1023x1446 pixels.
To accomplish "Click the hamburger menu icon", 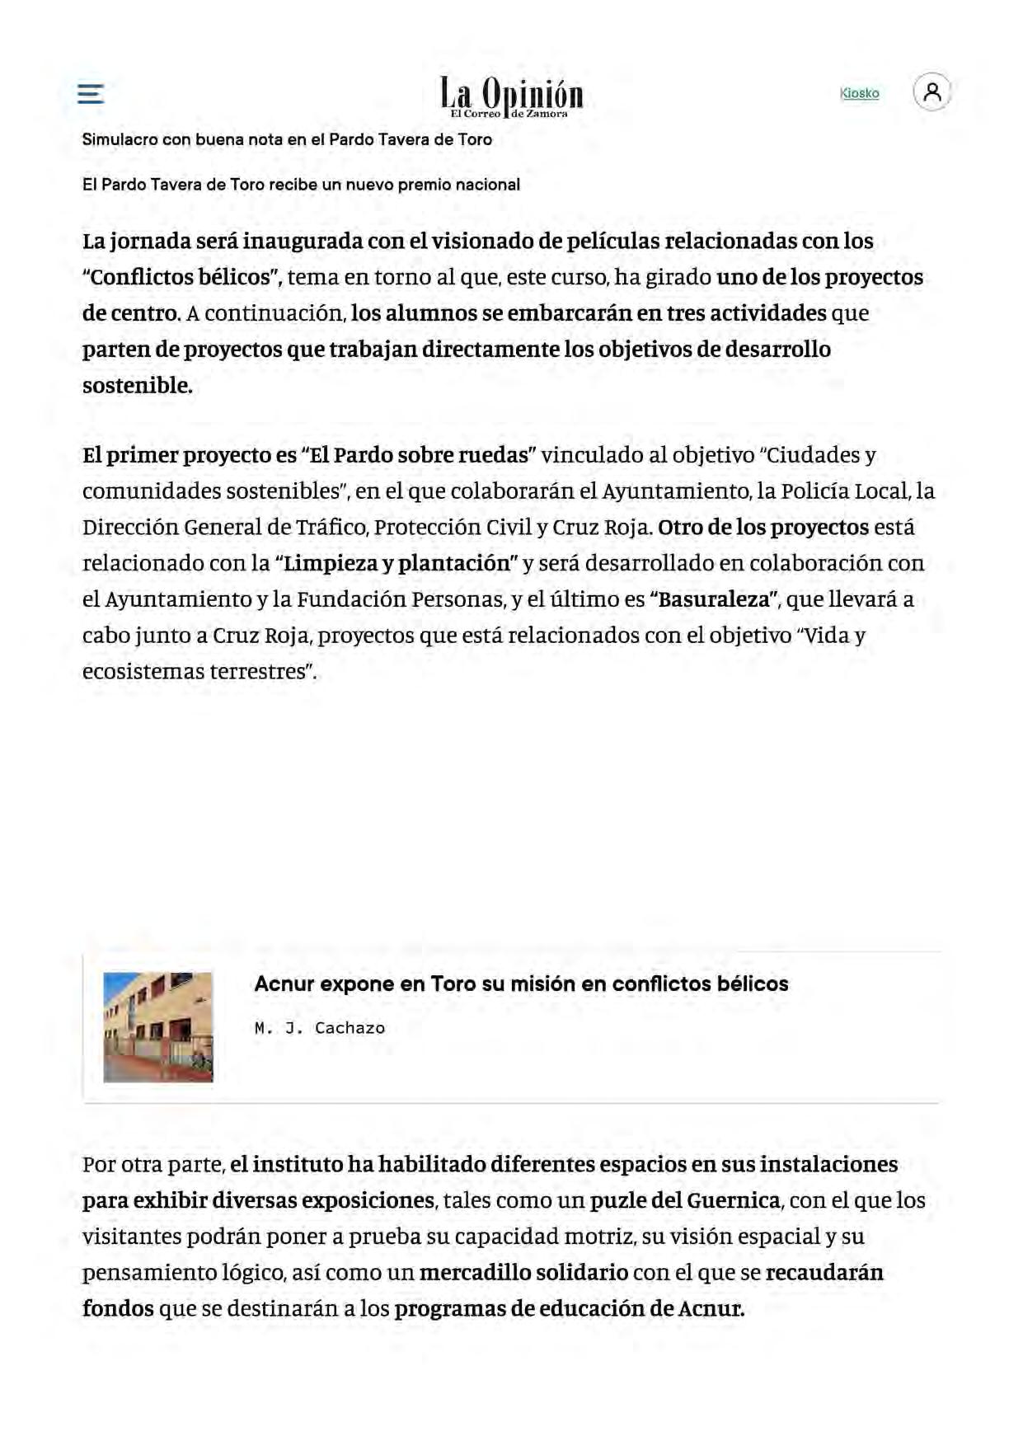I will pyautogui.click(x=91, y=93).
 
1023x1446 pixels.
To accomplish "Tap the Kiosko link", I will pyautogui.click(x=859, y=93).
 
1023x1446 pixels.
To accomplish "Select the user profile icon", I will pyautogui.click(x=931, y=92).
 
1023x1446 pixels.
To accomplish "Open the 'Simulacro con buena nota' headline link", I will pyautogui.click(x=287, y=139).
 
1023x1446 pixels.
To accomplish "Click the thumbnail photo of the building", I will pyautogui.click(x=158, y=1026).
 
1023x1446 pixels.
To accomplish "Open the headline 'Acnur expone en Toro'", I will pyautogui.click(x=521, y=984).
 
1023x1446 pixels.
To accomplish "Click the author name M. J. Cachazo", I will pyautogui.click(x=320, y=1028).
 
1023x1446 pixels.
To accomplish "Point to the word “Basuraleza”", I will pyautogui.click(x=714, y=599).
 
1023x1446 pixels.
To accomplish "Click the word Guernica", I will pyautogui.click(x=733, y=1200).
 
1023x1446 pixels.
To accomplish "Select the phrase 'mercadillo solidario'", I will pyautogui.click(x=523, y=1272).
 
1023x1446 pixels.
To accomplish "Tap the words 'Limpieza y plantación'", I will pyautogui.click(x=397, y=563).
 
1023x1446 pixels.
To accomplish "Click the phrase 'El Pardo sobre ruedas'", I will pyautogui.click(x=419, y=455).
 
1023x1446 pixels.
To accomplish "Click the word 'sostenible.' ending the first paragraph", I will pyautogui.click(x=137, y=386).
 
